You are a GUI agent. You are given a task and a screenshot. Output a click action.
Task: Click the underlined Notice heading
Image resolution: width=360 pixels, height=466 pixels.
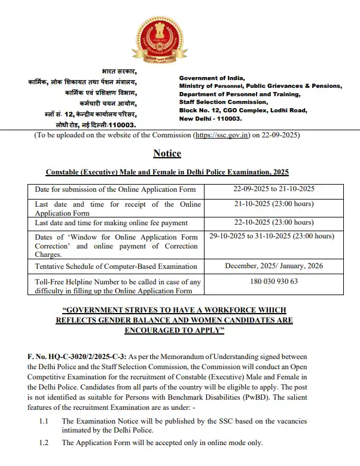167,153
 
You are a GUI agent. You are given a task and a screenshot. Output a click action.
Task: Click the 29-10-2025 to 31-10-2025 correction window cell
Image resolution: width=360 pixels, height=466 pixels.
271,237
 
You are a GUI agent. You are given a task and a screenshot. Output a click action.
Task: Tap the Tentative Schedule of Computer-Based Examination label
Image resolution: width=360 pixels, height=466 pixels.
116,266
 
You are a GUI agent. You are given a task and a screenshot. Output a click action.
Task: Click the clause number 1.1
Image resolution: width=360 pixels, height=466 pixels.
44,421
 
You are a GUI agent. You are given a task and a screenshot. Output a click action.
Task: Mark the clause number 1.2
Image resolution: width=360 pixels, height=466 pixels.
44,443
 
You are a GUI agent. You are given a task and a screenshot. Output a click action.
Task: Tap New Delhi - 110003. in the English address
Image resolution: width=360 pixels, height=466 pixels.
209,119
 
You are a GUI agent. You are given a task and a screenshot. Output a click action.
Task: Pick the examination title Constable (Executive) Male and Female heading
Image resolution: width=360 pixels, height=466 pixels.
167,172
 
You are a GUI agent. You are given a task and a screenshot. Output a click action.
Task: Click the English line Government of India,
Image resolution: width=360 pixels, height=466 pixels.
211,78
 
